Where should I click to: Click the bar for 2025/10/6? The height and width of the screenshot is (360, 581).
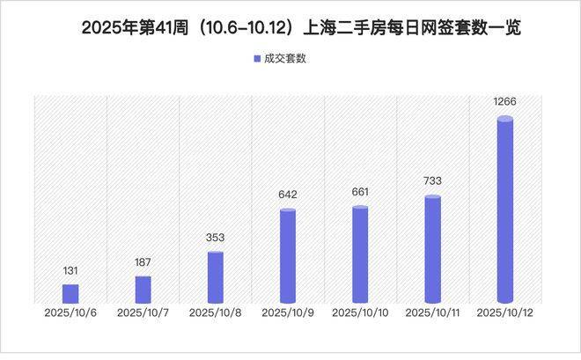pos(70,294)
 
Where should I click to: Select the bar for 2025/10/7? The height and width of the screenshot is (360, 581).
pos(143,290)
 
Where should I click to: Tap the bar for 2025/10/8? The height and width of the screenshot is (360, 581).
pos(216,278)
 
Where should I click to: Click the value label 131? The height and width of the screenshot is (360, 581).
pos(70,272)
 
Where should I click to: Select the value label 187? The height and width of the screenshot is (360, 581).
pos(143,264)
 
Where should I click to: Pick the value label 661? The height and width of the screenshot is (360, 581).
pos(359,192)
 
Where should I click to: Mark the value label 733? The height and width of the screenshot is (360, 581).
pos(432,181)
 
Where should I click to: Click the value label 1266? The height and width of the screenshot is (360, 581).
pos(504,103)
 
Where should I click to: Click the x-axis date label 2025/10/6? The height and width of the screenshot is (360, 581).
pos(70,312)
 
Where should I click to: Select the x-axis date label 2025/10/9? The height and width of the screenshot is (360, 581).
pos(288,312)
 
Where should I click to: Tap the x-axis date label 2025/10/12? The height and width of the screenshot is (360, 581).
pos(504,312)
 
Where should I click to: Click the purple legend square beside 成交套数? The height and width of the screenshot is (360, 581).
pos(246,59)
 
